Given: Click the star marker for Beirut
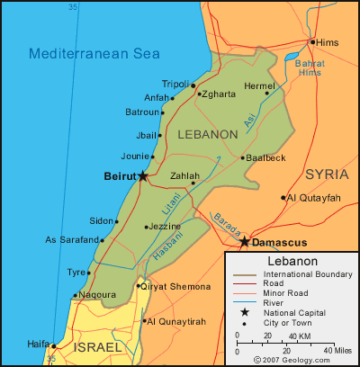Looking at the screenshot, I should point(143,176).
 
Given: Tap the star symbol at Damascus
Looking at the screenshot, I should point(244,242).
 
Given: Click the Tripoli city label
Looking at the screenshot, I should point(175,84).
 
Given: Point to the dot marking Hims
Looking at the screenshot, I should point(312,41).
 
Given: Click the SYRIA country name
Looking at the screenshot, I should point(326,174).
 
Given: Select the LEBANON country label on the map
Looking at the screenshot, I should point(208,134).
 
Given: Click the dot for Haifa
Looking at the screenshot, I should point(53,345).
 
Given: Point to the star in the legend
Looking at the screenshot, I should point(244,312).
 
